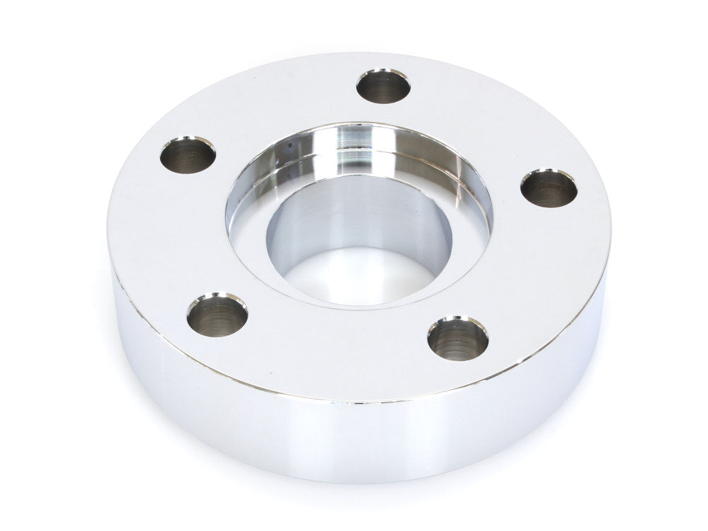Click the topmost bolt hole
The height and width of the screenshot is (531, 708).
[383, 87]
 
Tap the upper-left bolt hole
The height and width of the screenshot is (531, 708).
[188, 155]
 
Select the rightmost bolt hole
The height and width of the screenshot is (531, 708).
[549, 188]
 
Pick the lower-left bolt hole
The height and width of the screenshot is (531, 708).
[217, 316]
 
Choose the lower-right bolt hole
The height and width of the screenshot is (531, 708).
[458, 338]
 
